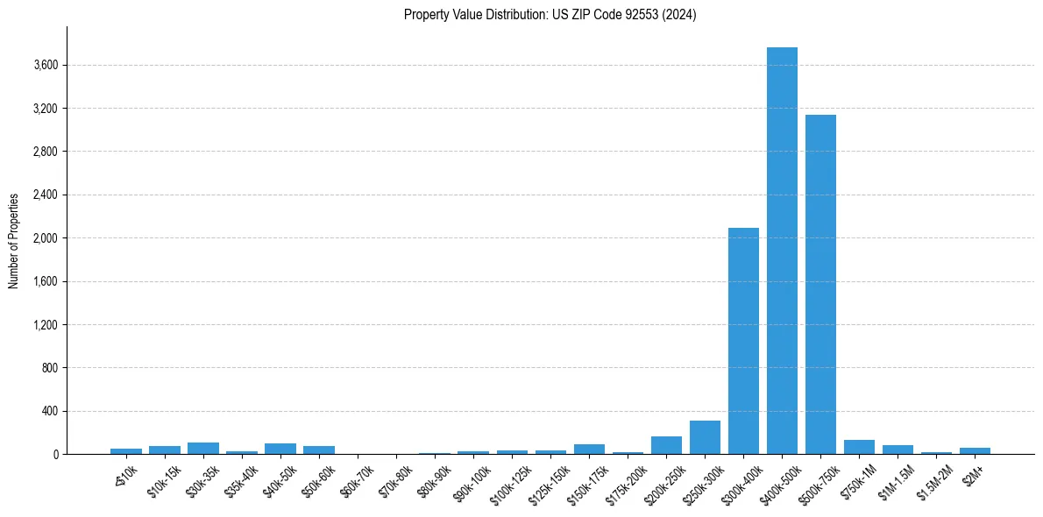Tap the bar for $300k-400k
coord(743,341)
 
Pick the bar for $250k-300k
coord(705,437)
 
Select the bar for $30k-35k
coord(203,449)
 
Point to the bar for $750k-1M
coord(859,447)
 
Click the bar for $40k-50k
coord(280,449)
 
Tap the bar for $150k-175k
coord(589,450)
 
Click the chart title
coord(550,15)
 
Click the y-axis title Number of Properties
coord(14,241)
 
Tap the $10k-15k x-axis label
coord(164,478)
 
